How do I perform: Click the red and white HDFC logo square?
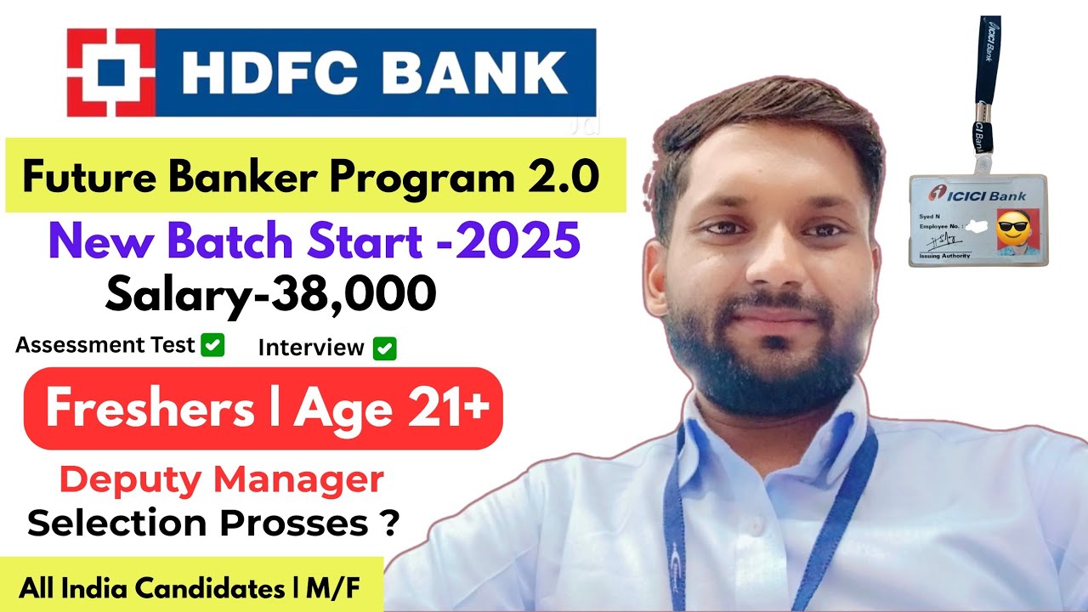click(111, 72)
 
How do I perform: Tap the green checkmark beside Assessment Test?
click(212, 345)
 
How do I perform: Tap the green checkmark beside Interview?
click(385, 348)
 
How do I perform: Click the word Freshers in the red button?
click(150, 409)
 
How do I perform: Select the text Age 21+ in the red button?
click(392, 409)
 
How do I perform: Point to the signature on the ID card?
click(939, 244)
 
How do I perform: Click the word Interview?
click(311, 348)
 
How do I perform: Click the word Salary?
click(167, 294)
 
